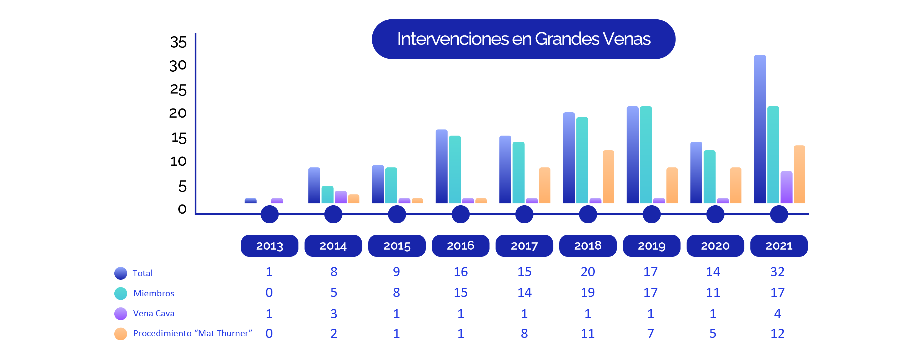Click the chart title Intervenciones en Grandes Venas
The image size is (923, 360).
coord(524,39)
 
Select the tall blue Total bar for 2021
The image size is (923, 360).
coord(760,129)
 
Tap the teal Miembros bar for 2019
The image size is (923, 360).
coord(646,155)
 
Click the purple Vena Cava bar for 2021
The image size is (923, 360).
coord(786,187)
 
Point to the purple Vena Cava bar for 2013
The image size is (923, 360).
coord(277,201)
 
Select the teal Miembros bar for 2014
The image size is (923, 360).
coord(327,195)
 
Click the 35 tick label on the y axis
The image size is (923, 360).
coord(179,42)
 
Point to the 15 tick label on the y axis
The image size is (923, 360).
coord(179,138)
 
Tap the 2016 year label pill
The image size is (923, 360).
coord(460,246)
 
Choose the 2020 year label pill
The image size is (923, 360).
coord(715,246)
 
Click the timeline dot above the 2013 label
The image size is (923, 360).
coord(269,214)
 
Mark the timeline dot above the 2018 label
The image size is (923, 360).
coord(588,214)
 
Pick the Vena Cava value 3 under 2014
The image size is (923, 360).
coord(334,314)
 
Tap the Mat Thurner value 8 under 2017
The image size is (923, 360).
coord(524,333)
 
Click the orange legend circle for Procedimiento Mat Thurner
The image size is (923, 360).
coord(121,334)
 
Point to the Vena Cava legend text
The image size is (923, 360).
coord(154,314)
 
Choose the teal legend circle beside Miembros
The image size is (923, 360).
coord(121,293)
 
